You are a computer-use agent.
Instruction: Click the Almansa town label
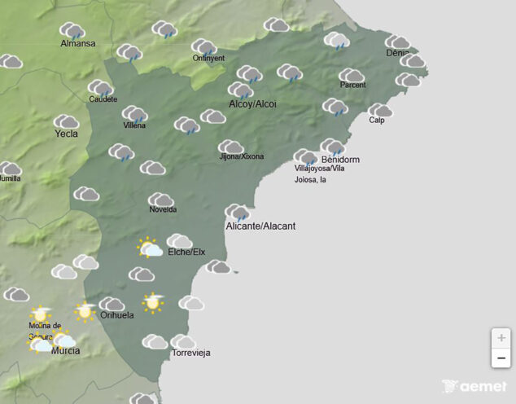click(78, 43)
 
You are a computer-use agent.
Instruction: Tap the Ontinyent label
click(208, 58)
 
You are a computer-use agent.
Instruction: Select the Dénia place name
click(398, 54)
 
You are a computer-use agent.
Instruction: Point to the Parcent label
click(353, 85)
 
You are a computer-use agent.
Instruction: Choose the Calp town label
click(377, 121)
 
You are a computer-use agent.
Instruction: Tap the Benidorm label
click(340, 159)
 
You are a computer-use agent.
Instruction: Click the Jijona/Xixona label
click(241, 156)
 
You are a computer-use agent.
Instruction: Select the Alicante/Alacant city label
click(260, 226)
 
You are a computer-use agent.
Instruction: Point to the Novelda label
click(163, 209)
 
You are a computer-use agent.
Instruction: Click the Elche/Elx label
click(186, 253)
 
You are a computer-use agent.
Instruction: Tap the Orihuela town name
click(116, 315)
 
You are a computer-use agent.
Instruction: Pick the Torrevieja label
click(191, 353)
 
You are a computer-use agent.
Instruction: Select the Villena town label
click(134, 125)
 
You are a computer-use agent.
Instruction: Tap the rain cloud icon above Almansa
click(72, 31)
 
